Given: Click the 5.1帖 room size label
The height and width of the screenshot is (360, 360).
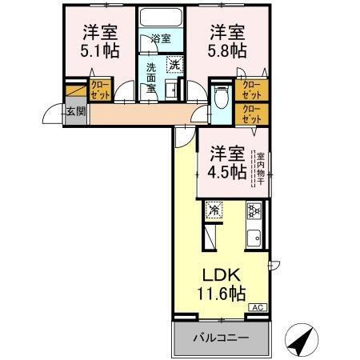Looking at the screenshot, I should [x=99, y=49].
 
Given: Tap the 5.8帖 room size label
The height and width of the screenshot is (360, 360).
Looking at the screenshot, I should [x=228, y=49].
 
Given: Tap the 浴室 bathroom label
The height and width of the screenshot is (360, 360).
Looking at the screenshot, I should [x=161, y=38].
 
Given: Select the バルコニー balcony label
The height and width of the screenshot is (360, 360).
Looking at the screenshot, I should [x=219, y=338].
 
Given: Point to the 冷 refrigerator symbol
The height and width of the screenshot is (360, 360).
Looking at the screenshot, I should [x=214, y=210].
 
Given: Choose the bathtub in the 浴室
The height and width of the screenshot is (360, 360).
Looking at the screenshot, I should [x=161, y=21].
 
